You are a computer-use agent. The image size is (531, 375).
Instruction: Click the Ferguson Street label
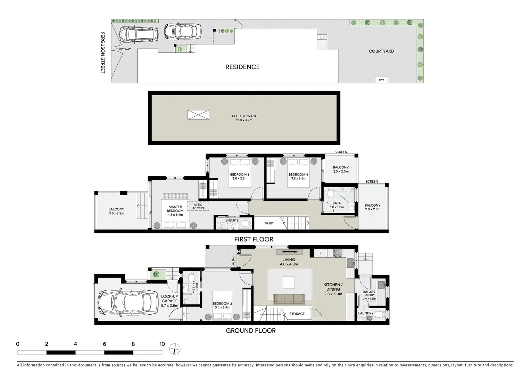click(102, 52)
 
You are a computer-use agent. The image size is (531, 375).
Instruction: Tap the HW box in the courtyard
click(381, 80)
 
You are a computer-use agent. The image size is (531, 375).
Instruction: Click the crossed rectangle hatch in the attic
click(198, 115)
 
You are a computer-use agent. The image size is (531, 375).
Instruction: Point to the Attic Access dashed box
click(198, 206)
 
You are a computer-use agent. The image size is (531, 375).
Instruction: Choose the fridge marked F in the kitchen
click(321, 253)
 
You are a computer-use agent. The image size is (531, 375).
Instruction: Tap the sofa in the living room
click(289, 299)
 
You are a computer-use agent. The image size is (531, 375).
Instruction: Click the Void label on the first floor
click(269, 223)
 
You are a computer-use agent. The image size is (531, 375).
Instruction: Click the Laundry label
click(366, 313)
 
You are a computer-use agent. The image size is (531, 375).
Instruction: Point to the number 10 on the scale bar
click(162, 344)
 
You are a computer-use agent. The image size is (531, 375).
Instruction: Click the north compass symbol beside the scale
click(175, 349)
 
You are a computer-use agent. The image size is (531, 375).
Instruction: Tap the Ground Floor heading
click(251, 331)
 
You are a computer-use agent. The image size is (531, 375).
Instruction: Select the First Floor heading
click(254, 239)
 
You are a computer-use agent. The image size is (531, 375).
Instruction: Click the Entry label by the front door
click(233, 261)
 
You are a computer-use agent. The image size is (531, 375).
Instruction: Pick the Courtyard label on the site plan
click(381, 51)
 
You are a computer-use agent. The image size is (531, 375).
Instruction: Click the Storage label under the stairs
click(297, 314)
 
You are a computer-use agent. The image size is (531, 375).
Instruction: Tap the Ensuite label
click(232, 220)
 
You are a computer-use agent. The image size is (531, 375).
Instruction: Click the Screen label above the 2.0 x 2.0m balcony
click(341, 152)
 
